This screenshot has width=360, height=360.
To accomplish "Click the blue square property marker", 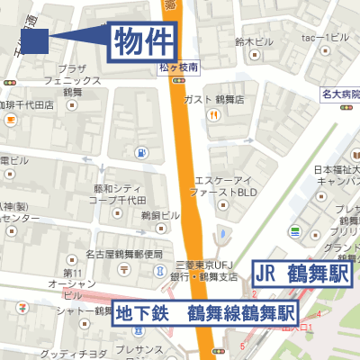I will coord(34,40).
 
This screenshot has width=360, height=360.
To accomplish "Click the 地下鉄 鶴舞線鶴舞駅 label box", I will coord(205,314).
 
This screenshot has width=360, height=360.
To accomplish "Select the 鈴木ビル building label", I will coord(254,41).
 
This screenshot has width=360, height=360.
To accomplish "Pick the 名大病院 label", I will coord(340,94).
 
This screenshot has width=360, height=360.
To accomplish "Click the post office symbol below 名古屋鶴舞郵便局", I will coord(123,268).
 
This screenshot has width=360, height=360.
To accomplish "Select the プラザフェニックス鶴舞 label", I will coord(72,80).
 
